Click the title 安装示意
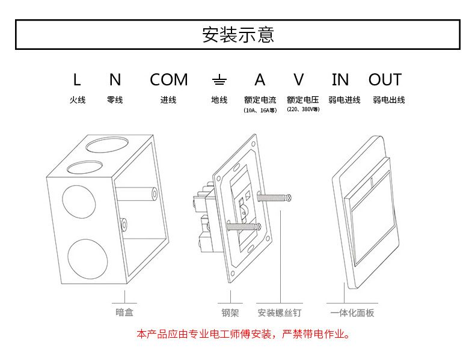[237, 34]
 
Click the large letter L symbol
[76, 79]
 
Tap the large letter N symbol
[115, 79]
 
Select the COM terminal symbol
[168, 79]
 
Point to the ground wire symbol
[219, 80]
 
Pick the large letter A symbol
[260, 79]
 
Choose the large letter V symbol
[299, 79]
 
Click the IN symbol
[340, 79]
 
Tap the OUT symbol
[384, 79]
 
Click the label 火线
[77, 100]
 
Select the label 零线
[115, 100]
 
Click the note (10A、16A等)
[260, 111]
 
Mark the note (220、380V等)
[302, 110]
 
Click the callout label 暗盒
[124, 312]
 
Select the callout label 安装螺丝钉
[279, 313]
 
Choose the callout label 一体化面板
[352, 313]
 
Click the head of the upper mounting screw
[289, 197]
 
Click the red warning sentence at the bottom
[243, 334]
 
